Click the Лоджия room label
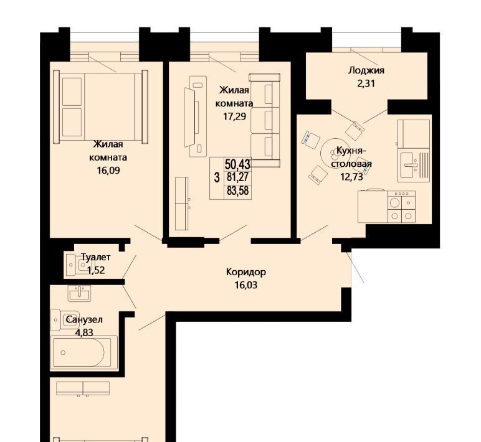pos(366,71)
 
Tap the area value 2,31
pos(366,83)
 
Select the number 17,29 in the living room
pos(234,116)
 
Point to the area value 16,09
pos(108,171)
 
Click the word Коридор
pos(246,272)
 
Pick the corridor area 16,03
pos(246,285)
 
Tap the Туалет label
pos(96,258)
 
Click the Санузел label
pos(84,320)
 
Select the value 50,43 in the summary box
pos(237,164)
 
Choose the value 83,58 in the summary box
pos(238,191)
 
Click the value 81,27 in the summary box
pos(238,177)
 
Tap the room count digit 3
pos(217,177)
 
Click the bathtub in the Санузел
pos(83,352)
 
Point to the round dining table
pos(333,153)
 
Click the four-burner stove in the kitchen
pos(401,206)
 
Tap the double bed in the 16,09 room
pos(100,106)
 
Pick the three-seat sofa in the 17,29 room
pos(265,120)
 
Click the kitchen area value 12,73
pos(351,177)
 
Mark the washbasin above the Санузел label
pos(80,294)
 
